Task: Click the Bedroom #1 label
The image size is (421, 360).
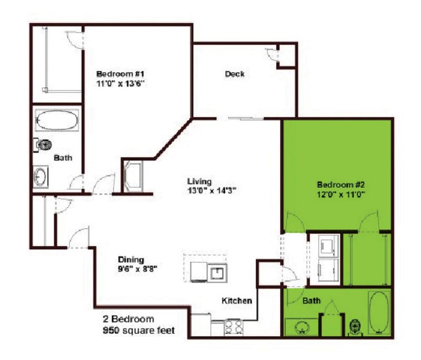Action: [x=121, y=74]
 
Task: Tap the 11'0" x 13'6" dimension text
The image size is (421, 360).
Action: [x=121, y=84]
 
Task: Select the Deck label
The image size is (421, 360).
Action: [x=235, y=74]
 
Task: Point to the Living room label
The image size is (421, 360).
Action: [x=199, y=182]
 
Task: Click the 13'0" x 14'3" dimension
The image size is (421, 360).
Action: [x=212, y=191]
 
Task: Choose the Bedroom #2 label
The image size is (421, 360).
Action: [x=340, y=184]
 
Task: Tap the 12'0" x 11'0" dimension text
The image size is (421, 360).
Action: [x=340, y=194]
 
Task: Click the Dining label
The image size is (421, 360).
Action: [x=131, y=259]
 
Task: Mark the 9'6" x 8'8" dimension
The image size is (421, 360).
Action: [x=137, y=269]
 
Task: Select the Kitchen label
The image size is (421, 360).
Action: [x=237, y=301]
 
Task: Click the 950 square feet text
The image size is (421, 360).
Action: [x=139, y=330]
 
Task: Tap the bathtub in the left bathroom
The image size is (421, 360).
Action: [x=57, y=120]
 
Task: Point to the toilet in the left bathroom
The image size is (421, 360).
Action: [x=43, y=145]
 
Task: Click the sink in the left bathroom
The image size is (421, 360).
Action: [x=41, y=176]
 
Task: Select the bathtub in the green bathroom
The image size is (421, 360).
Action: [x=379, y=313]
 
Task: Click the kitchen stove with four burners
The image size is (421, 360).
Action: [x=233, y=327]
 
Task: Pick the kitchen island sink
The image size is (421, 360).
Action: [x=218, y=273]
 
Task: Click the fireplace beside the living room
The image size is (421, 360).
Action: [x=133, y=176]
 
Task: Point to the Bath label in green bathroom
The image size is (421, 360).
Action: [x=312, y=301]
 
